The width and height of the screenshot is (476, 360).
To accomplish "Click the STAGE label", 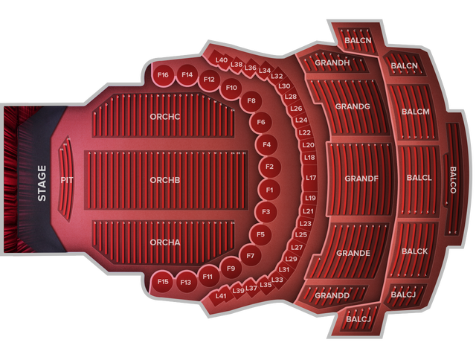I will click(42, 183).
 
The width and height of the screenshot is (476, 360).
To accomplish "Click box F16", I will click(164, 75).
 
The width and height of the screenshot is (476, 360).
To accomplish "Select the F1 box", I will click(269, 190).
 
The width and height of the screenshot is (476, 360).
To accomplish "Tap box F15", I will click(164, 282).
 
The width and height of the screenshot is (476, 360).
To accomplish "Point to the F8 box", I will click(251, 100).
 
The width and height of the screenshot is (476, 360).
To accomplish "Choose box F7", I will click(251, 257).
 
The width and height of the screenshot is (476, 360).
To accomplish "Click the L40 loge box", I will click(222, 60).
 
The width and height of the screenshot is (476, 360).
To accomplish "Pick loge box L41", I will click(221, 296).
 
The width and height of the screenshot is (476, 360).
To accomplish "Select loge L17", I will click(311, 178).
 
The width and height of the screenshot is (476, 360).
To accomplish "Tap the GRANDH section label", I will click(332, 62).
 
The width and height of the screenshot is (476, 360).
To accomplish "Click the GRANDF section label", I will click(362, 179).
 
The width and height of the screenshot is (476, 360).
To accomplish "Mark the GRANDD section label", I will click(332, 295).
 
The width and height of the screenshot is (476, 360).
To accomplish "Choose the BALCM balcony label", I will click(415, 112).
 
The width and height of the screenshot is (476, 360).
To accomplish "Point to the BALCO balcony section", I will click(453, 179).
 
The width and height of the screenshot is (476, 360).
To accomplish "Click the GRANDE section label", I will click(353, 253).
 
